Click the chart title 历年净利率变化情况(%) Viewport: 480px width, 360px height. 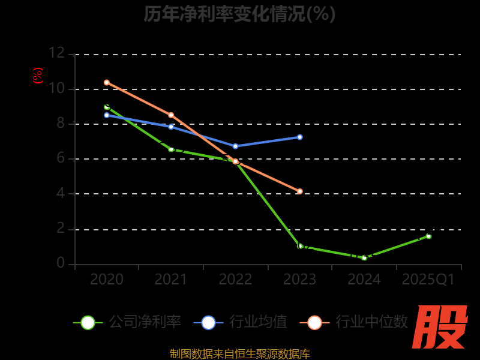239,14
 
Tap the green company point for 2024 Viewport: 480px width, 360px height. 364,258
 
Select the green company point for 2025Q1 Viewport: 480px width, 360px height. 428,236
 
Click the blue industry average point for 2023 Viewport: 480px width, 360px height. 300,137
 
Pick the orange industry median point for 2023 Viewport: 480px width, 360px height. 300,191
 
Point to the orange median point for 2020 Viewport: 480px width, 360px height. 107,82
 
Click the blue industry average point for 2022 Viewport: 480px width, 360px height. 235,146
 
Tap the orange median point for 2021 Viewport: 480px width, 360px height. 171,115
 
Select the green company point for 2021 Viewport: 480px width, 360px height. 171,149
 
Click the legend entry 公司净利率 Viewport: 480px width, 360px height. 127,322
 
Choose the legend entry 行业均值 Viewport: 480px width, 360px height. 241,322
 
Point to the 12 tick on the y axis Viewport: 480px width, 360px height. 56,53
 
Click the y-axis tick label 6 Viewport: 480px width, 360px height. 61,158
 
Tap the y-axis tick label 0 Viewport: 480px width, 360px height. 61,263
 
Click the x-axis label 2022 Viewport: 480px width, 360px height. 235,280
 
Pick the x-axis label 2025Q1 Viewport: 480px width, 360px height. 428,280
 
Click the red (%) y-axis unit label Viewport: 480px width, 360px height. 38,76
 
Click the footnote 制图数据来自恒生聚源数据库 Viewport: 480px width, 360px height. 239,353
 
